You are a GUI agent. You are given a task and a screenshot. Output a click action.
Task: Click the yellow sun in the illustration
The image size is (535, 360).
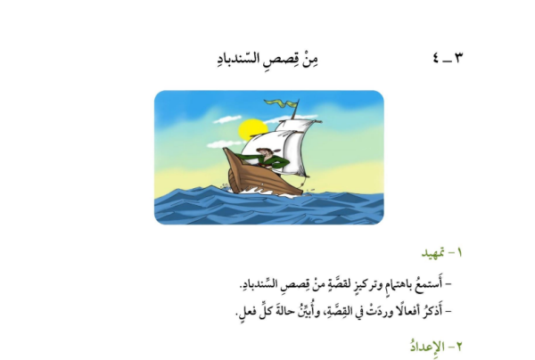251,129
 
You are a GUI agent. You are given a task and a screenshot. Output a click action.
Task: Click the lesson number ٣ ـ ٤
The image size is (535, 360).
448,58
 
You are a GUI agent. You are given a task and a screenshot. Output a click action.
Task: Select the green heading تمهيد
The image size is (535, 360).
432,253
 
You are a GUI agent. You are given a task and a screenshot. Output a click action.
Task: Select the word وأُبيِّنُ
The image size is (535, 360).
303,312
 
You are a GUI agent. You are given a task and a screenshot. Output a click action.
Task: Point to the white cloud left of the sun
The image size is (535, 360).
226,119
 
